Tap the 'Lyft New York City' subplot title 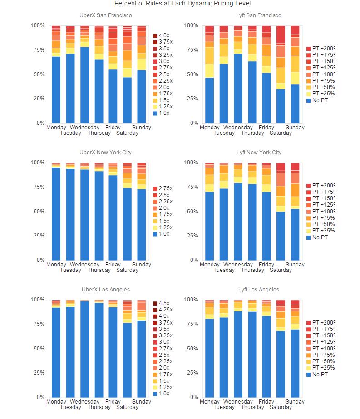click(259, 153)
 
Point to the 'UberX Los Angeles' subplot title click(105, 290)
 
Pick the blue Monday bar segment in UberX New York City click(56, 214)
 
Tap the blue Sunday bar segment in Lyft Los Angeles click(295, 363)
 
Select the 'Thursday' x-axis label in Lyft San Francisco click(252, 133)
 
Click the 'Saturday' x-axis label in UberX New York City click(127, 270)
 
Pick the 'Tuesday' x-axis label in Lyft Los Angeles click(224, 407)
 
